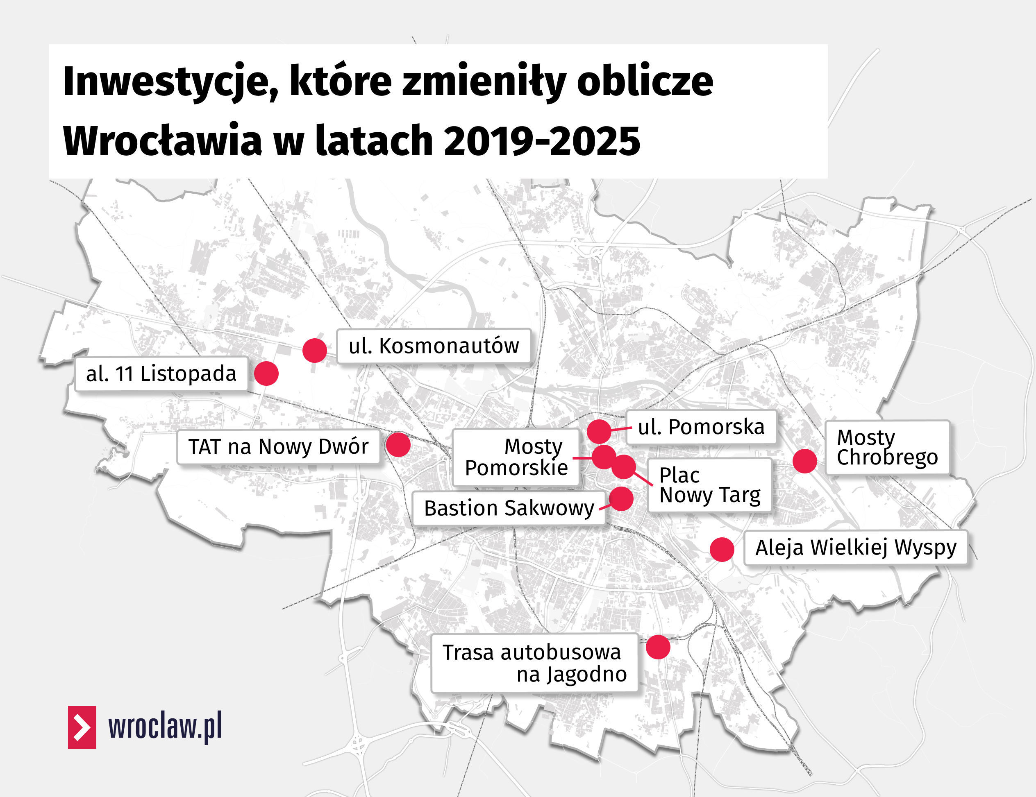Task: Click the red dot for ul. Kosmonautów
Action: [314, 350]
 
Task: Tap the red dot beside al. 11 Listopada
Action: [266, 374]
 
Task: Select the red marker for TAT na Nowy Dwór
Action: [398, 445]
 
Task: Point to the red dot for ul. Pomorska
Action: [599, 431]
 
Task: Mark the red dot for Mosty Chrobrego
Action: [805, 461]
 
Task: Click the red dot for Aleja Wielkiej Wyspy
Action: [722, 550]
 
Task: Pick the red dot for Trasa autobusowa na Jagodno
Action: [658, 647]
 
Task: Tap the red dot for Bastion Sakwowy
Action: [621, 498]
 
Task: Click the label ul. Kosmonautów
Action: [434, 346]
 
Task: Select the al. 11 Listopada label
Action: [161, 374]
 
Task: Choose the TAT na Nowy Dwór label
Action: [278, 447]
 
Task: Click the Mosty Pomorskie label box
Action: [516, 457]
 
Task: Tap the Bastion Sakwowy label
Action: [509, 508]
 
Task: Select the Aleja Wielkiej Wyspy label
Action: [856, 548]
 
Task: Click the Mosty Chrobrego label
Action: [887, 447]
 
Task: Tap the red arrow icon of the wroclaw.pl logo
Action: [82, 727]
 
